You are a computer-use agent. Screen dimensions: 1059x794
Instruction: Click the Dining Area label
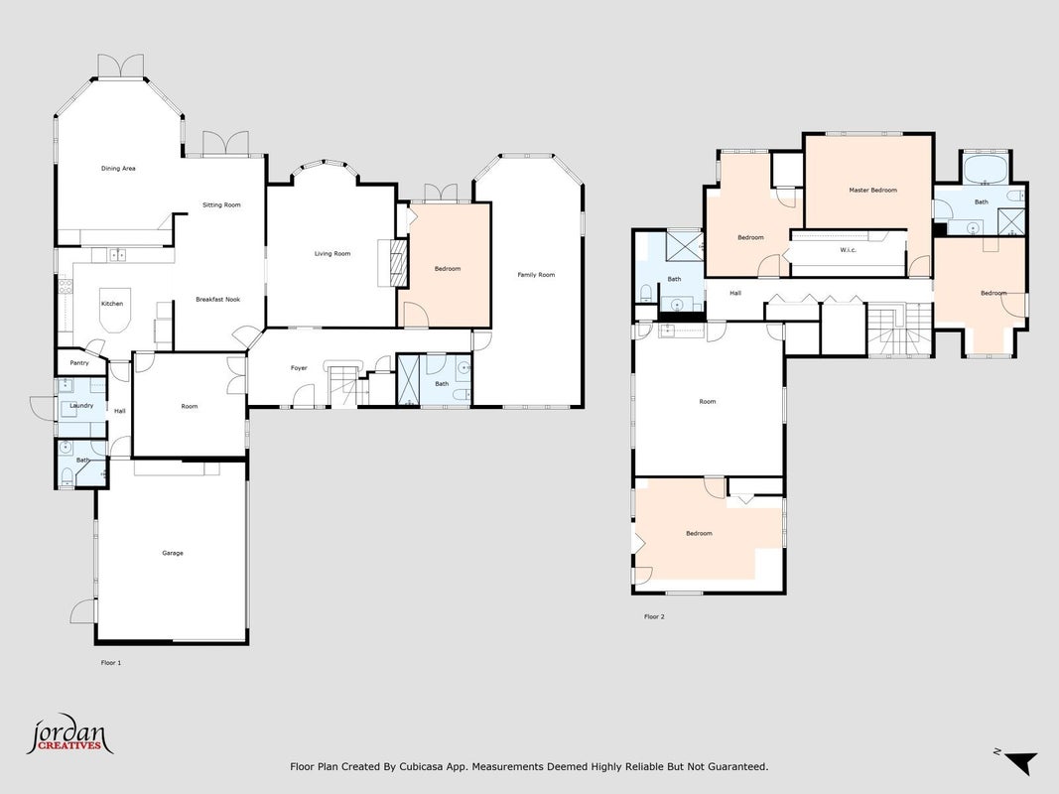[118, 168]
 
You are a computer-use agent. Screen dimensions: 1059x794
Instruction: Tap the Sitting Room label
[221, 204]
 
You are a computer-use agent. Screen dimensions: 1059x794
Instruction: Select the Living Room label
[332, 254]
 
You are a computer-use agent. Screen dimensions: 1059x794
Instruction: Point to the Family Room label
[536, 275]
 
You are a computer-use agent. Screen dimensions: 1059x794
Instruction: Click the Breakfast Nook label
[218, 299]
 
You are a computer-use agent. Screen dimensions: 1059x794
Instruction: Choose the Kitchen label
[112, 304]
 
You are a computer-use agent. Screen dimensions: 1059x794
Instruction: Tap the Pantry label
[79, 363]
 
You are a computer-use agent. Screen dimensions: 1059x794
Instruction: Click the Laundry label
[81, 406]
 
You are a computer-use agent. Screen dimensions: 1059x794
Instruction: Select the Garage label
[173, 553]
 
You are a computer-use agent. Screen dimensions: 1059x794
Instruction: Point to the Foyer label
[299, 368]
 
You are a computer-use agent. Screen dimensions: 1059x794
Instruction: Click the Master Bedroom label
[873, 191]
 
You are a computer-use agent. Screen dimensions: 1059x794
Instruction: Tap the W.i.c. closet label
[849, 250]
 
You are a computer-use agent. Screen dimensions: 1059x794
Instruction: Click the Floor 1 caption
[111, 663]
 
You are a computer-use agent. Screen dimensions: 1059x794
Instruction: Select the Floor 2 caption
[654, 616]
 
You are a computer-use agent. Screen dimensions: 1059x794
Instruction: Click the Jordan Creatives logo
[69, 734]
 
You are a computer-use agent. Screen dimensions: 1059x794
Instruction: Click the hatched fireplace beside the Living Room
[400, 263]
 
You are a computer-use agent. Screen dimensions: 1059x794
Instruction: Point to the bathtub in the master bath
[986, 169]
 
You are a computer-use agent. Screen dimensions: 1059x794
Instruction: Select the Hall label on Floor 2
[735, 293]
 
